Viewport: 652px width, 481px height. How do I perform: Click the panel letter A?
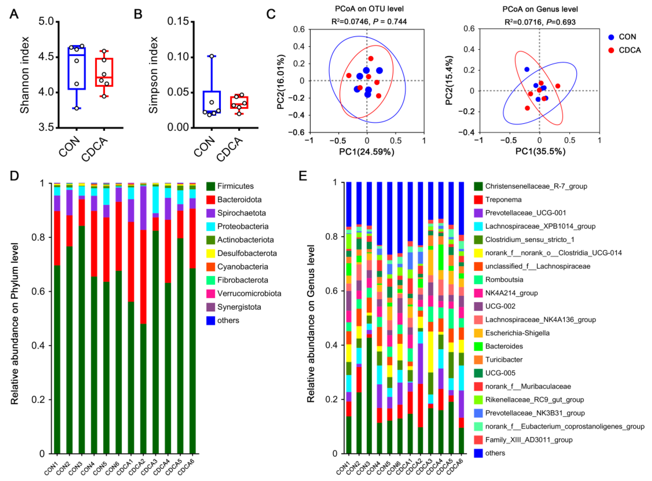(x=14, y=14)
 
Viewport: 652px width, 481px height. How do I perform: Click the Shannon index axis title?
(x=25, y=75)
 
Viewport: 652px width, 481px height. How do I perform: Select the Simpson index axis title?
(x=153, y=75)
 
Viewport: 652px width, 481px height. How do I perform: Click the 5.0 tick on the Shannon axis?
(x=46, y=22)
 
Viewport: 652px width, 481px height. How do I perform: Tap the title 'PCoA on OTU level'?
(x=369, y=9)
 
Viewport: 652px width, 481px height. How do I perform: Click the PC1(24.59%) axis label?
(x=367, y=152)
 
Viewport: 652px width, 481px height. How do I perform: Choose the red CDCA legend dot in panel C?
(x=611, y=50)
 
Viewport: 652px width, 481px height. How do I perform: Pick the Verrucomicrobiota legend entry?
(x=249, y=293)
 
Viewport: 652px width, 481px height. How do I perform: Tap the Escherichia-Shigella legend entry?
(x=517, y=333)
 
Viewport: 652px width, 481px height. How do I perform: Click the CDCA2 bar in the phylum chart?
(x=143, y=317)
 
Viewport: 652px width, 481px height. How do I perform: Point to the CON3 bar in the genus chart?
(x=369, y=317)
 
